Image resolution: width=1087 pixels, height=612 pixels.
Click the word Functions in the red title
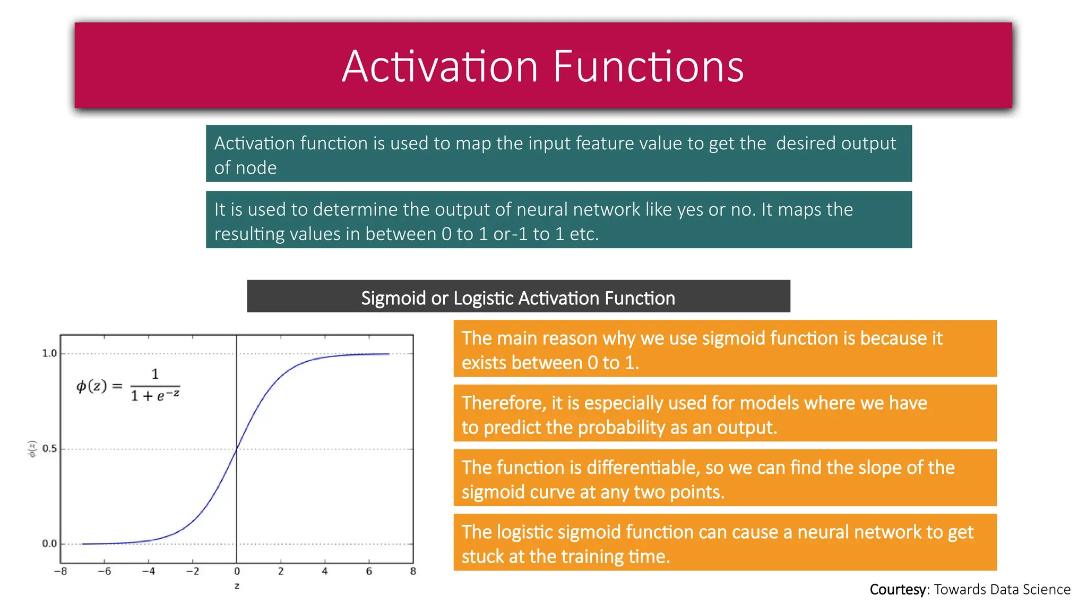coord(648,67)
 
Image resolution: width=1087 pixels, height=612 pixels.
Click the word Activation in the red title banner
coord(440,67)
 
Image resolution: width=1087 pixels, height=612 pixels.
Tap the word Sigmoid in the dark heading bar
coord(393,298)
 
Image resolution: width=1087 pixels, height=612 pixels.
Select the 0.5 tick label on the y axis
coord(49,448)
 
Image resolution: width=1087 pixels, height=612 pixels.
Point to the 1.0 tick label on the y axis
coord(49,353)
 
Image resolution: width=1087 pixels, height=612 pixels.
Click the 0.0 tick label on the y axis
coord(49,543)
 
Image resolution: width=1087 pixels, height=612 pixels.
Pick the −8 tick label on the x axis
coord(60,572)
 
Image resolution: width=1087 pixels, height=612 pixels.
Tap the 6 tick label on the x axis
coord(369,572)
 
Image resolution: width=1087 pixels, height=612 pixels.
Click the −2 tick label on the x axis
coord(192,572)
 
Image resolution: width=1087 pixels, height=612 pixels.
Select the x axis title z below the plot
coord(237,586)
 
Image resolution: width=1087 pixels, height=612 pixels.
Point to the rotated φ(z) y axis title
coord(32,449)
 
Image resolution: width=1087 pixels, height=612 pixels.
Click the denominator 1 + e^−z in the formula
coord(155,395)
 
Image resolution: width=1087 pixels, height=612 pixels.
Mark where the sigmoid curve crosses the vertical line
coord(237,449)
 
